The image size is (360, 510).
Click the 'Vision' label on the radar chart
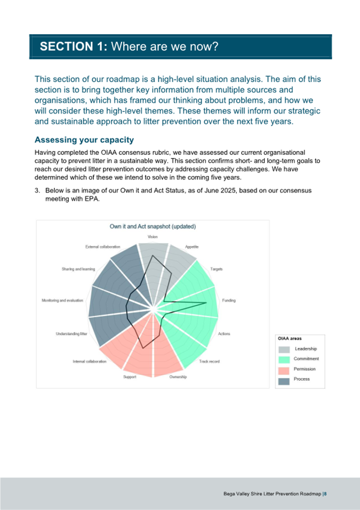pyautogui.click(x=153, y=236)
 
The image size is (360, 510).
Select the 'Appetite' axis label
pyautogui.click(x=192, y=247)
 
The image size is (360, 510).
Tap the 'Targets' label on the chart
pyautogui.click(x=217, y=269)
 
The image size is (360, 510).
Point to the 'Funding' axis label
pyautogui.click(x=228, y=300)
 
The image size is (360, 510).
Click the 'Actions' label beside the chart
pyautogui.click(x=224, y=334)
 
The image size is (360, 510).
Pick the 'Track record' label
pyautogui.click(x=209, y=362)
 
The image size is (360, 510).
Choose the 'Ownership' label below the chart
pyautogui.click(x=178, y=377)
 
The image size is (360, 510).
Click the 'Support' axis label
pyautogui.click(x=130, y=377)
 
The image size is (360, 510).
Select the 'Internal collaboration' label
pyautogui.click(x=90, y=362)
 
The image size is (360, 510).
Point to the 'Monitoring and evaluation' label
pyautogui.click(x=62, y=301)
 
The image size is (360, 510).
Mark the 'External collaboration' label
pyautogui.click(x=102, y=247)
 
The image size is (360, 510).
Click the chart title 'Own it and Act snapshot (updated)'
pyautogui.click(x=153, y=226)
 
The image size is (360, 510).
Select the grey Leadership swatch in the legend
pyautogui.click(x=284, y=349)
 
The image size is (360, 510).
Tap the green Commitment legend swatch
pyautogui.click(x=284, y=359)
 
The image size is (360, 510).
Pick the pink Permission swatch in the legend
pyautogui.click(x=284, y=369)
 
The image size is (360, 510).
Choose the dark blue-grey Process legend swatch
pyautogui.click(x=284, y=379)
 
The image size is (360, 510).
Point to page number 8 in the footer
pyautogui.click(x=325, y=494)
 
